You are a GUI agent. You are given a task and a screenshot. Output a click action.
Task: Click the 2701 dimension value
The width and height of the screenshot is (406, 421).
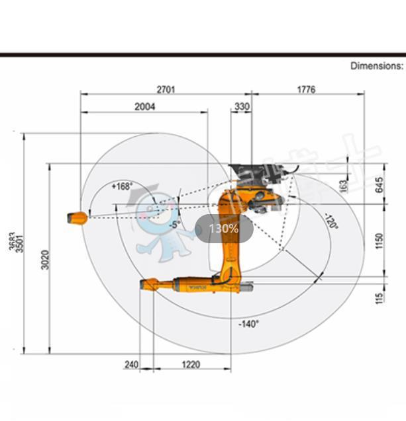point(166,89)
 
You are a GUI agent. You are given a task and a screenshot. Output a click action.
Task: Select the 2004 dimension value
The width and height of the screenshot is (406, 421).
point(144,106)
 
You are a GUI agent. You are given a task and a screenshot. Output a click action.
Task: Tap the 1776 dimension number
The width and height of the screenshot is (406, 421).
point(306,89)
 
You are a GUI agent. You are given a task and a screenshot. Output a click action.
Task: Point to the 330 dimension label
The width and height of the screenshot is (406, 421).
point(242,106)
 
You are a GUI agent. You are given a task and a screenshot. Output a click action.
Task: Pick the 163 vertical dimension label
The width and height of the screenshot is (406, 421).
point(344,186)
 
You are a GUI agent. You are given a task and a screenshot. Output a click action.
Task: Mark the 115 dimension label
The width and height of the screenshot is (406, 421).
point(379,298)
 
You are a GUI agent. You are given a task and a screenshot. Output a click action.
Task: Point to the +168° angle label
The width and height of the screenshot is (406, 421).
point(122,186)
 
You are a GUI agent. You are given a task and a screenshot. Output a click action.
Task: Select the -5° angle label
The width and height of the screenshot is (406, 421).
point(174,225)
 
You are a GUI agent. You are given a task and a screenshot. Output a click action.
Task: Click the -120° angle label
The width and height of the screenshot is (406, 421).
point(331,222)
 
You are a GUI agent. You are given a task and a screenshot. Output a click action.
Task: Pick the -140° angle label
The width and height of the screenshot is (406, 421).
point(248,324)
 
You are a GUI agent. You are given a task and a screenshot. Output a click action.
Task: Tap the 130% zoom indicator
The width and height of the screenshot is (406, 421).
point(224,229)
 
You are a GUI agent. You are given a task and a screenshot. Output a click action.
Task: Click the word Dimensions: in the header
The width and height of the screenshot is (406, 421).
point(376,65)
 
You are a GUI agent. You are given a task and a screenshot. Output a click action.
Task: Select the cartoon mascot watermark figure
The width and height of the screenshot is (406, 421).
point(156,221)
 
